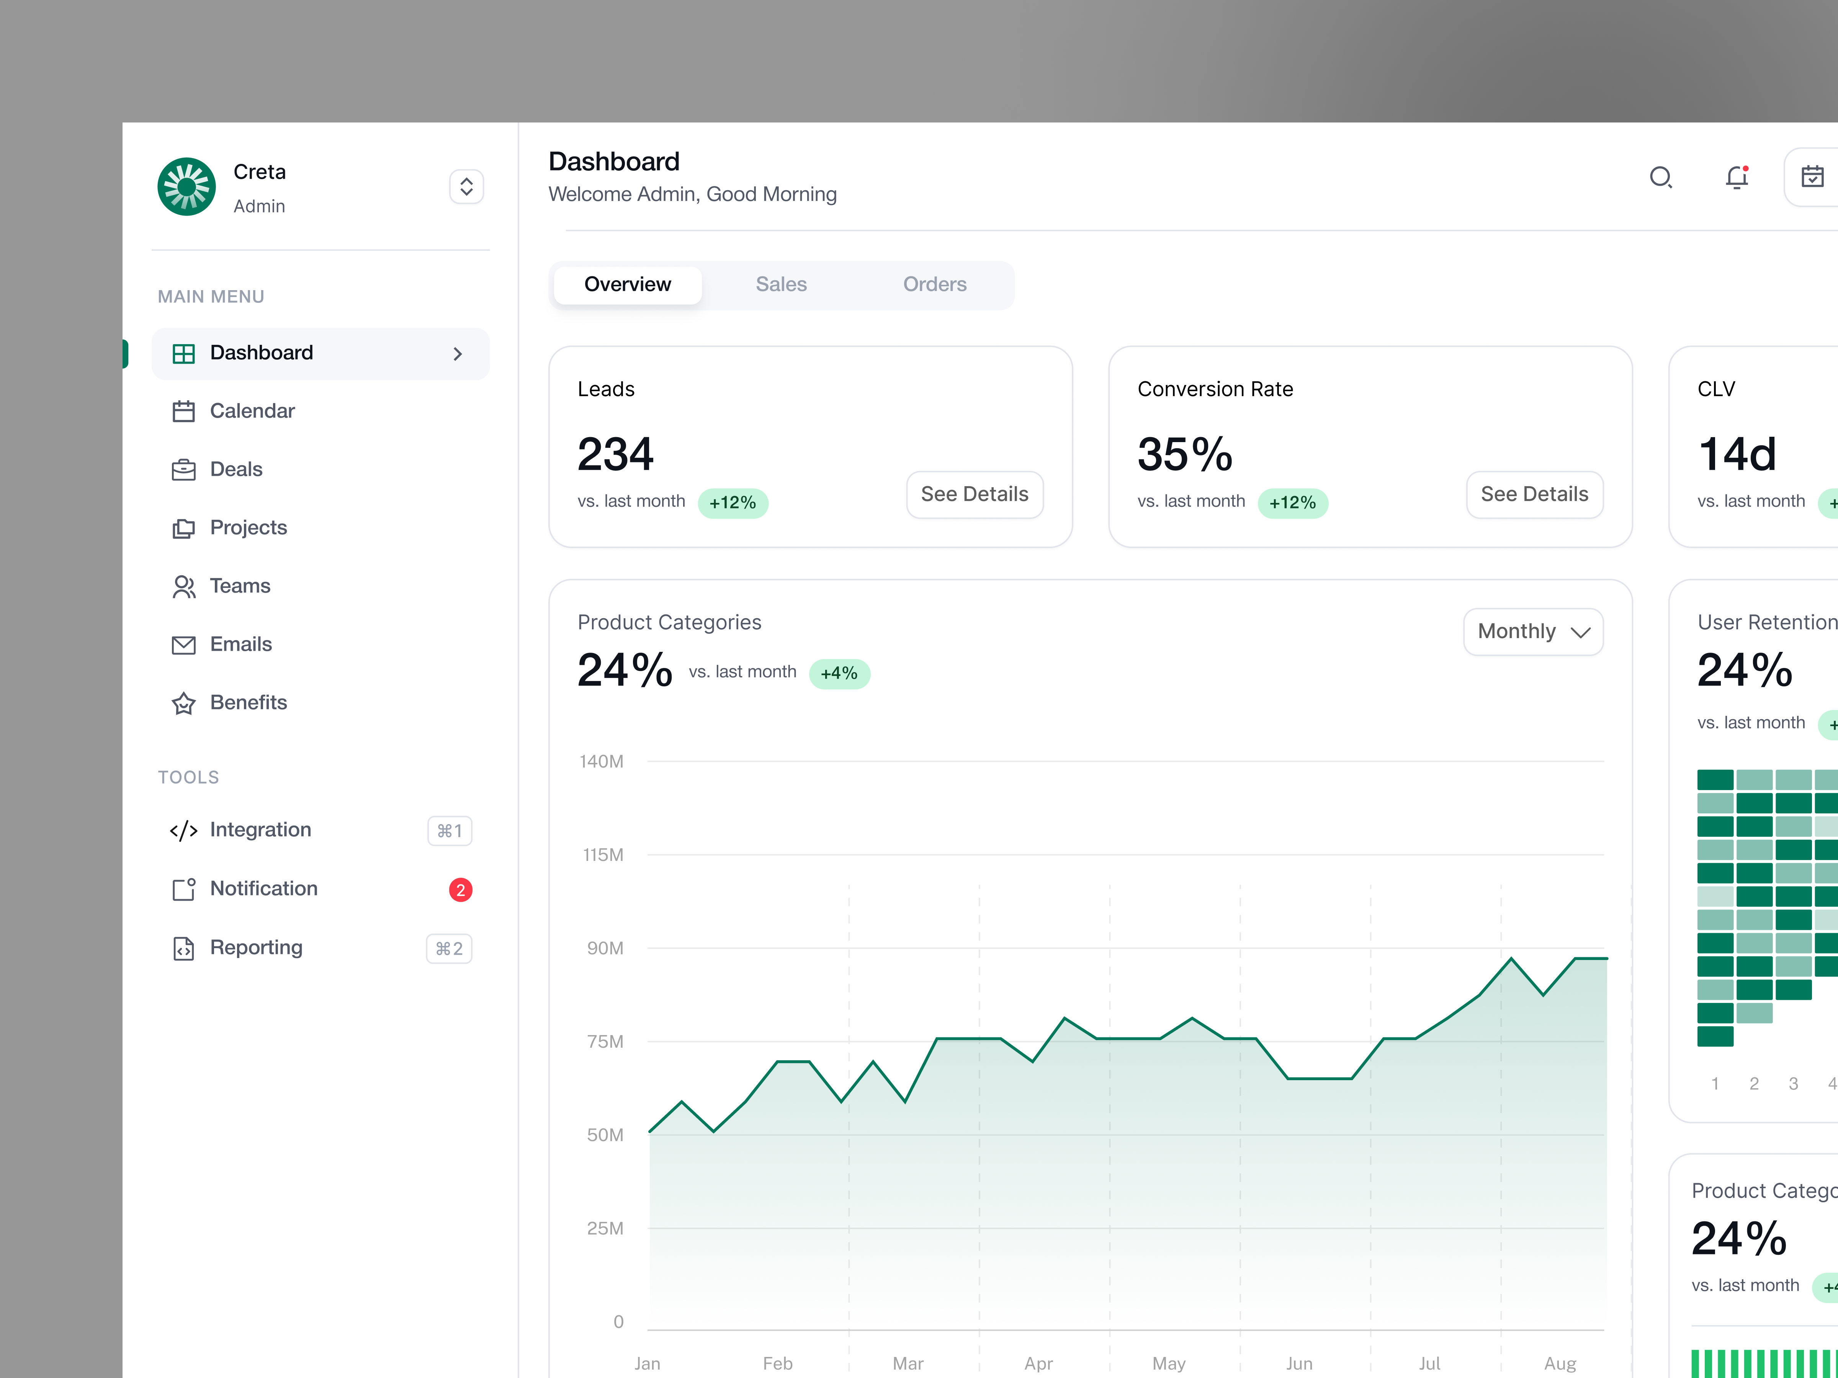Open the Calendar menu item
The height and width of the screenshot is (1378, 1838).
coord(252,411)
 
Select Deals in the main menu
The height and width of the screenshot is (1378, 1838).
coord(236,469)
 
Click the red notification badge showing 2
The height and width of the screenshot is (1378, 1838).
coord(460,890)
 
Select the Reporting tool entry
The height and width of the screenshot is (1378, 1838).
coord(256,948)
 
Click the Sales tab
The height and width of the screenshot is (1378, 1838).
coord(781,284)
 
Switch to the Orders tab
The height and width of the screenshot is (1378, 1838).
coord(935,284)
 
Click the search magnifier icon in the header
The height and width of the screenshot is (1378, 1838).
coord(1660,177)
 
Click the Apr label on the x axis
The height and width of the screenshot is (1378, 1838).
coord(1038,1363)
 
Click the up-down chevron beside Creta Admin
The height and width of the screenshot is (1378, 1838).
coord(466,187)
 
